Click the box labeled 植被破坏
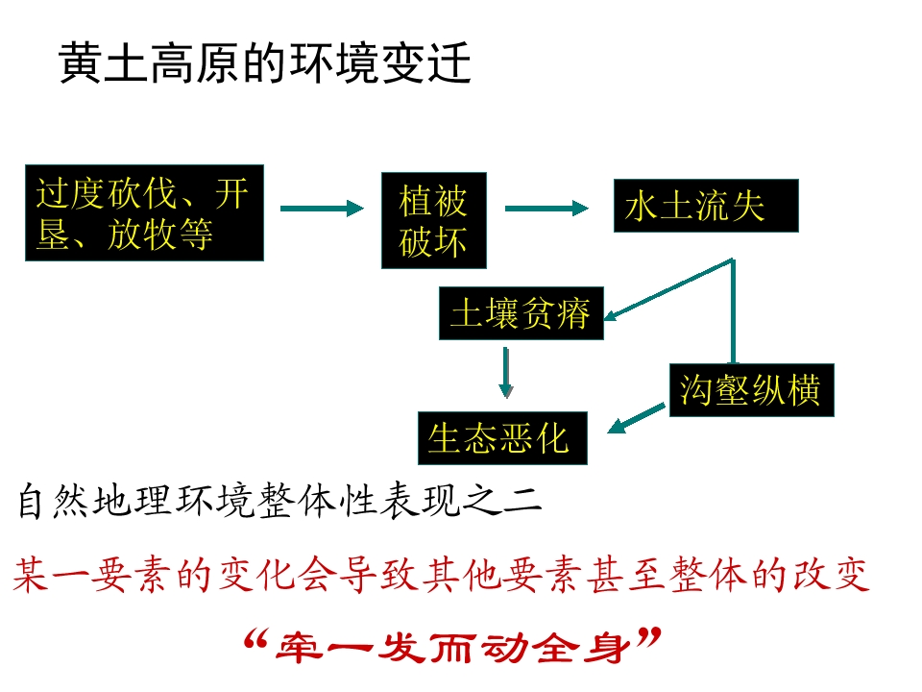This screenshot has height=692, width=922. coord(434,221)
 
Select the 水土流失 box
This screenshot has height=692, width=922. coord(706,206)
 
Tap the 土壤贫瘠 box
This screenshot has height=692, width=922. coord(522,313)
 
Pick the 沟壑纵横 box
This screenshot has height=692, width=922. coord(751,390)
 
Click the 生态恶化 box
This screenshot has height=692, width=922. coord(502,438)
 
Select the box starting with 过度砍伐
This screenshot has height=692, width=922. coord(145,213)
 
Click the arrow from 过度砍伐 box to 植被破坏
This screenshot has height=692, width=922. coord(323,209)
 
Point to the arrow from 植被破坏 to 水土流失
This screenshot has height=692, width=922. coord(546,208)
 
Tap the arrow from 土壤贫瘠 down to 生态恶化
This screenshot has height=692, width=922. coord(505,373)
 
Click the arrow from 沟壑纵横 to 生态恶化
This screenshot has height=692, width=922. coord(636,418)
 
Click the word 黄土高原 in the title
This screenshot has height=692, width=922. coord(150,62)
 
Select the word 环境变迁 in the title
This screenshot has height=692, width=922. coord(380,62)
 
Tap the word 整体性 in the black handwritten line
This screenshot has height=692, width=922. coord(317,502)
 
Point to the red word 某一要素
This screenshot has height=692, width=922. coord(93,575)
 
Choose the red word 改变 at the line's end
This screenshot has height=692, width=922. coord(830,575)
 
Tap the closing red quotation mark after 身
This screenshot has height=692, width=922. coord(648,637)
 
